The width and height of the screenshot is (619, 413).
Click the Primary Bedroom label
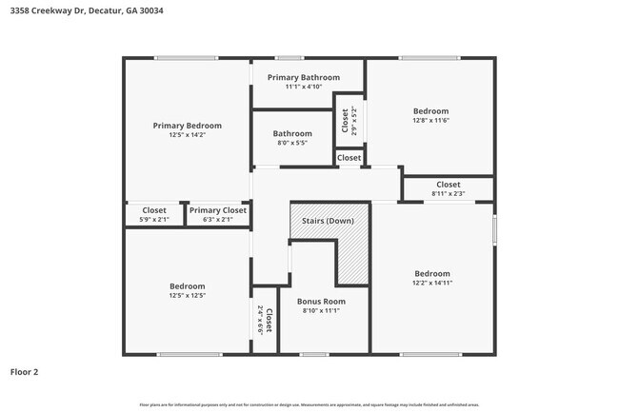tap(188, 126)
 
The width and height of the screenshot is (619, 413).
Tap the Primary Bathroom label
tap(304, 77)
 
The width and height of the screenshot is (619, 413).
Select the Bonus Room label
tap(321, 301)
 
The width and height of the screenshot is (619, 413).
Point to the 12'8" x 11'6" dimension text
tap(430, 121)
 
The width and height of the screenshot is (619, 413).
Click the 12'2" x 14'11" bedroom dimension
tap(431, 283)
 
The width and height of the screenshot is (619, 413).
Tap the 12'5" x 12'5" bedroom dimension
tap(188, 296)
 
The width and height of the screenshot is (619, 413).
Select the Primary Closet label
tap(218, 210)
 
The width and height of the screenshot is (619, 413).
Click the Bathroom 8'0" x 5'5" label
tap(292, 138)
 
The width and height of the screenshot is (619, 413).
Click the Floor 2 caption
tap(24, 372)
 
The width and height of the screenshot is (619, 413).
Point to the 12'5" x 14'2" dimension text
tap(188, 135)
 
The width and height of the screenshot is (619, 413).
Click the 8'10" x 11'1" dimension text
tap(321, 310)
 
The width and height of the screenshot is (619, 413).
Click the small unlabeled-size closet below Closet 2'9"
tap(349, 158)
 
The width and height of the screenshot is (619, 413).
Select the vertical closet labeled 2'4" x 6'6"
tap(265, 321)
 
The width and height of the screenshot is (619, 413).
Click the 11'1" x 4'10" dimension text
tap(304, 87)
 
